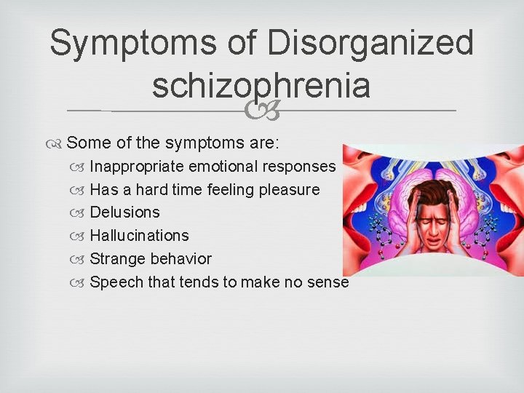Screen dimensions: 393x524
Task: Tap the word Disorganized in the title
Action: pos(370,44)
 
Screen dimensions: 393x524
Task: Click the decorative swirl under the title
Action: pos(261,111)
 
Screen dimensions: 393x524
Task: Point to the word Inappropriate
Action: pos(137,166)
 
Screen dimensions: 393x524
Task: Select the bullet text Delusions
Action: pos(124,213)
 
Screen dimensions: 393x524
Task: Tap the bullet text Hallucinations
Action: pos(139,236)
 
